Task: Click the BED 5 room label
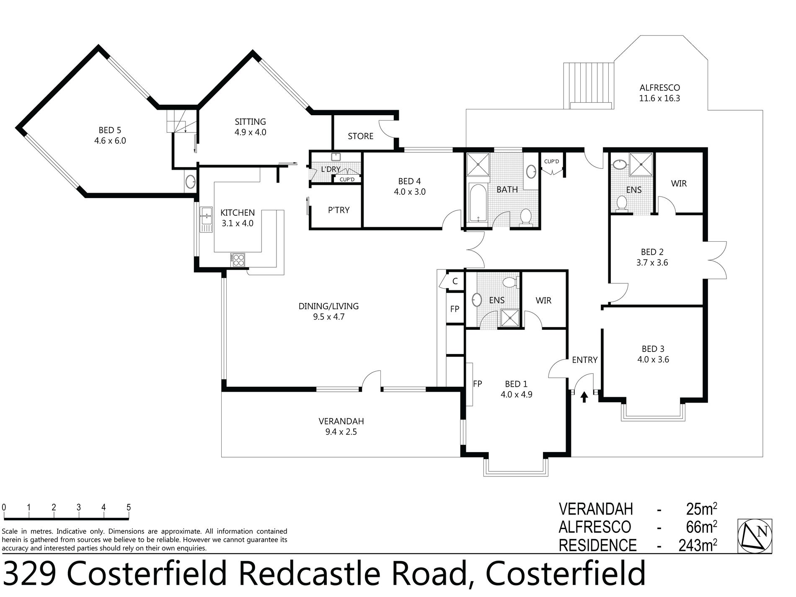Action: (110, 130)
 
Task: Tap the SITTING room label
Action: (250, 122)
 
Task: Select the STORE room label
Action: (360, 136)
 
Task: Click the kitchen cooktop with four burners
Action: (238, 260)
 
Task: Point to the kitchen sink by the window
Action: (207, 219)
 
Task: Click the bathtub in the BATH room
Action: (477, 202)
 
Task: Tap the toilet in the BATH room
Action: (525, 217)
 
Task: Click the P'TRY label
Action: (339, 210)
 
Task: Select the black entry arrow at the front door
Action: (584, 396)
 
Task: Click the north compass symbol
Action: (755, 536)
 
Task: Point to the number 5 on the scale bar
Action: (129, 507)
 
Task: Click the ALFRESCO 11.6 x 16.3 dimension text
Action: (659, 99)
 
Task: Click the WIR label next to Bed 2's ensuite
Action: (679, 183)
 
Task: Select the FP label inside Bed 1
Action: (477, 384)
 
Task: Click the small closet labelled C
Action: (455, 282)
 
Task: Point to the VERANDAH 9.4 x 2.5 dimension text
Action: (341, 432)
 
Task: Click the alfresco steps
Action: (589, 85)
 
